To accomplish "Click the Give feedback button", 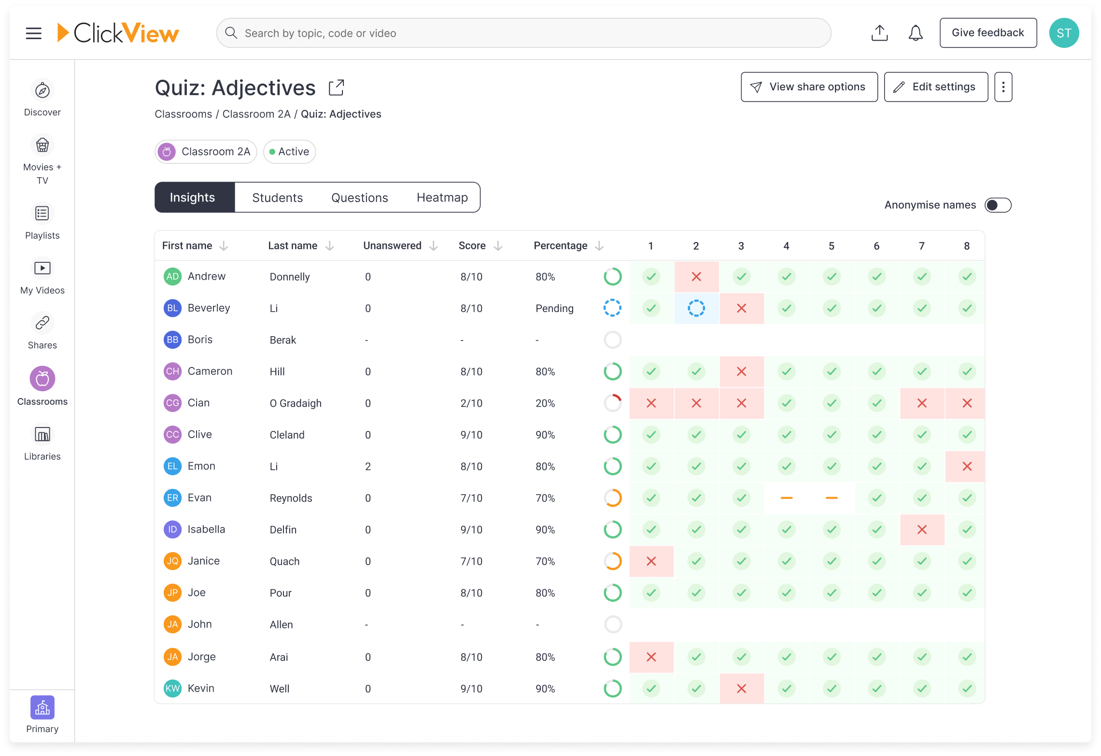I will coord(988,33).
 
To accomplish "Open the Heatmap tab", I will coord(442,198).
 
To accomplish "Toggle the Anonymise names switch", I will coord(998,205).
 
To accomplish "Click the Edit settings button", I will coord(935,87).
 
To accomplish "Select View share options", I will coord(809,87).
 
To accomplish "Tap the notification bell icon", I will coord(915,33).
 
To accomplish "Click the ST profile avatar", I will coord(1064,33).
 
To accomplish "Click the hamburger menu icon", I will coord(34,33).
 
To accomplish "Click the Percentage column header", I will coord(560,246).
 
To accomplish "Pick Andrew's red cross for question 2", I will coord(696,277).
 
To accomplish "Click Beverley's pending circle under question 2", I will coord(696,308).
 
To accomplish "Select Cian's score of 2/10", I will coord(471,403).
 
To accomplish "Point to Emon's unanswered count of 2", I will coord(368,467).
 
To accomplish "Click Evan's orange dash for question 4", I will coord(786,498).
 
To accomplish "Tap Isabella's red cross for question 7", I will coord(921,529).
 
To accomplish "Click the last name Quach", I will coord(284,561).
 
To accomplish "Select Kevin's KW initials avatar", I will coord(172,688).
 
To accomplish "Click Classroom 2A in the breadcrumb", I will coord(256,114).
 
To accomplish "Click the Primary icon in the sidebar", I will coord(42,708).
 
